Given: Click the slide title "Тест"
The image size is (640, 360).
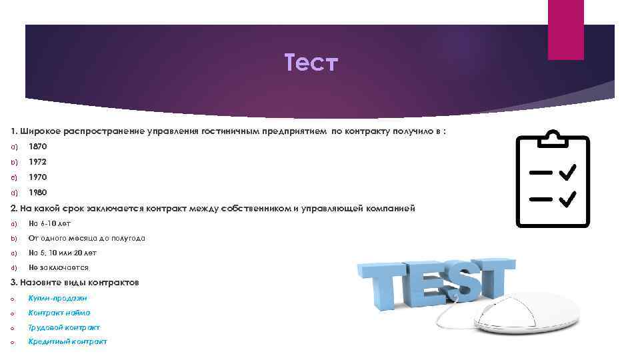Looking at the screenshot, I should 311,65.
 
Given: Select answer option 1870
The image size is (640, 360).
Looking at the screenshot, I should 38,146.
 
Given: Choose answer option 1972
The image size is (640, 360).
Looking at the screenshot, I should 38,162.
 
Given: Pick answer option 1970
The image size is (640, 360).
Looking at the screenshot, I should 38,177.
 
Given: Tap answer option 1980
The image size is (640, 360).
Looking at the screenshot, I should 38,193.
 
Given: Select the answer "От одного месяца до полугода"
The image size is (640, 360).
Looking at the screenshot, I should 77,239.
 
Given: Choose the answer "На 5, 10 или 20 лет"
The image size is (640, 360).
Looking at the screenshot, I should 62,253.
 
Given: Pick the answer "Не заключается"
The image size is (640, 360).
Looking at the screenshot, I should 59,268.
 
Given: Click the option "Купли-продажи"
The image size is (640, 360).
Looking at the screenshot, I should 57,298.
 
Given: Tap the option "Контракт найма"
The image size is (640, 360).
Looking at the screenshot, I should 59,313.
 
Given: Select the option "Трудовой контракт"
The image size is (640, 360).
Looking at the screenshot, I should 64,327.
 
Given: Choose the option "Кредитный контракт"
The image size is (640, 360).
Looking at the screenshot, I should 67,342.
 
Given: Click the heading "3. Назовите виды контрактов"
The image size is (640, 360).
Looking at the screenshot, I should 75,283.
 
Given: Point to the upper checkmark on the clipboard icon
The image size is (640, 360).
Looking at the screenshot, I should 568,173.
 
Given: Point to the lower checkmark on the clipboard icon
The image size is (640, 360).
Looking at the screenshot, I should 568,199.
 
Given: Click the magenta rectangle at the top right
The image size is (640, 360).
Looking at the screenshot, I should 565,29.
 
